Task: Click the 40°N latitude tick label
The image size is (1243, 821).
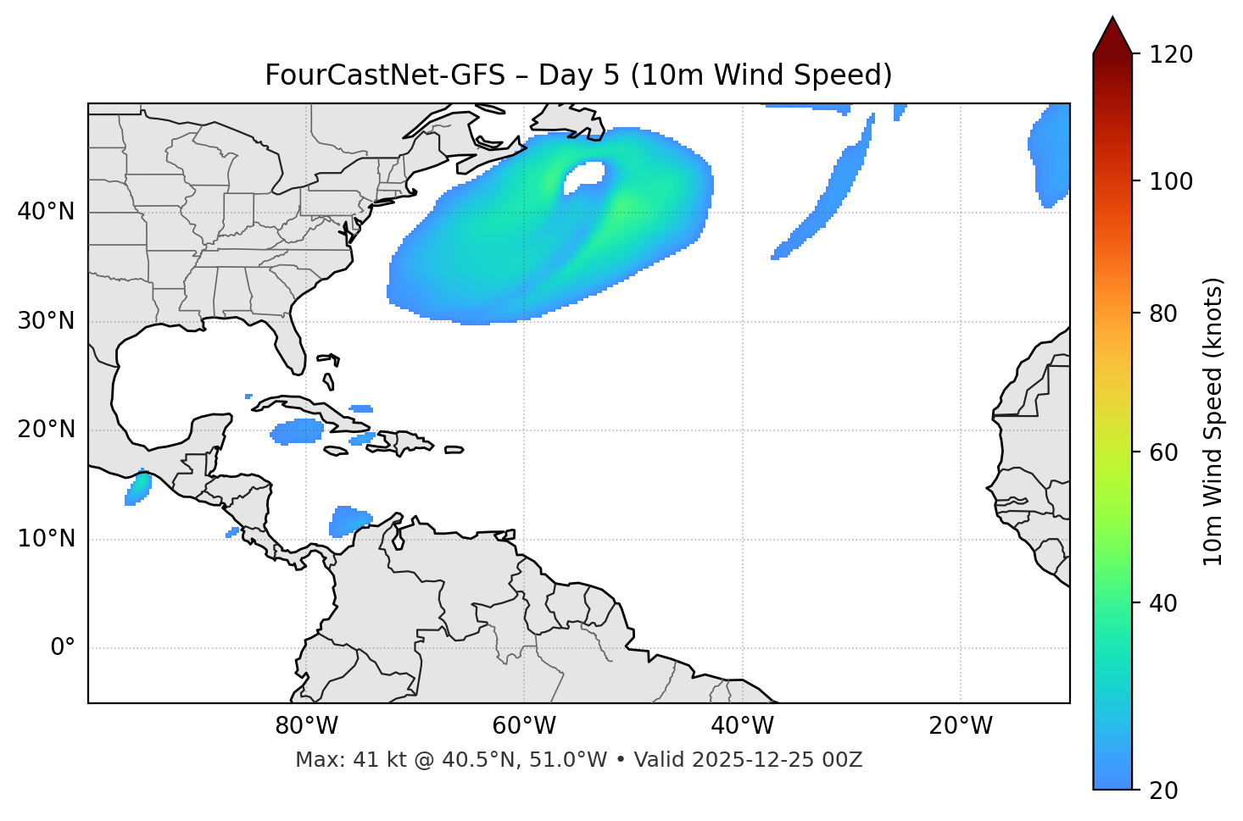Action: click(46, 211)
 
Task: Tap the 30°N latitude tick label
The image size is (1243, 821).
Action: click(46, 321)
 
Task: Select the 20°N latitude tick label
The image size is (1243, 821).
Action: click(46, 430)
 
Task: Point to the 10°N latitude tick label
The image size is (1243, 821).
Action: click(46, 539)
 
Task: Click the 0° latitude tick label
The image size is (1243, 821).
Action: click(62, 648)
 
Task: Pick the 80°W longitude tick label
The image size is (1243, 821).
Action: click(306, 726)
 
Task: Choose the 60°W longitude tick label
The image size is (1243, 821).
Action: click(524, 726)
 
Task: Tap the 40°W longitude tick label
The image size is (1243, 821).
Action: click(742, 726)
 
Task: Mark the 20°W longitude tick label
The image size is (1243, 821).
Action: click(961, 726)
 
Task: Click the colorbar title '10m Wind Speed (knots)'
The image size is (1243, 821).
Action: click(1213, 422)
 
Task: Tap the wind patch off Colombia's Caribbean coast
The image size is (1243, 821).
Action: click(348, 520)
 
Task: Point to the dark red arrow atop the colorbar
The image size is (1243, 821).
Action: click(1112, 36)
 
